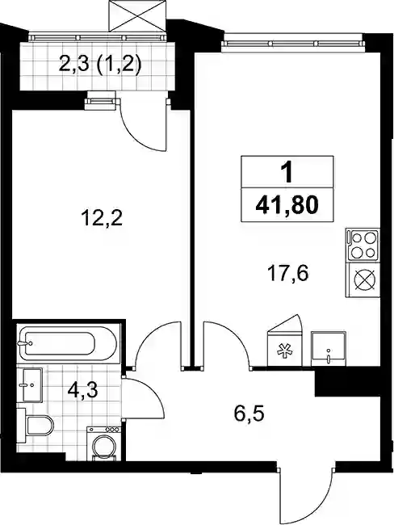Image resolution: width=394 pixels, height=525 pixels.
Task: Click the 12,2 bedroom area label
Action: (x=102, y=219)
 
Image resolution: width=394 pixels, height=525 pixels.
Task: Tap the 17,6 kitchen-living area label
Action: (x=287, y=274)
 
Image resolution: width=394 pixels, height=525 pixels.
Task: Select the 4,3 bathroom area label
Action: (x=82, y=390)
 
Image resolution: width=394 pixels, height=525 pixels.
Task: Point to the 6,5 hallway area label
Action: (x=249, y=414)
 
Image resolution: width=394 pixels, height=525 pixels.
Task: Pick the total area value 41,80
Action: (x=287, y=205)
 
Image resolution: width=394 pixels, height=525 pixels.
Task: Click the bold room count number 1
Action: (x=287, y=172)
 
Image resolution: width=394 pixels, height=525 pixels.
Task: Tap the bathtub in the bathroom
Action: (x=69, y=343)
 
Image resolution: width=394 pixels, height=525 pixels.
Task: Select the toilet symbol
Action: (x=36, y=425)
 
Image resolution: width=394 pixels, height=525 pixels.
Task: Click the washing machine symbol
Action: (x=103, y=443)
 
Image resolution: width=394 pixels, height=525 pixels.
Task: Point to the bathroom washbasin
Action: (x=30, y=385)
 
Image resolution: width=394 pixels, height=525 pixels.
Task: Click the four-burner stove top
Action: (x=363, y=245)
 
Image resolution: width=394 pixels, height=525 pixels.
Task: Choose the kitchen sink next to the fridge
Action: (x=329, y=349)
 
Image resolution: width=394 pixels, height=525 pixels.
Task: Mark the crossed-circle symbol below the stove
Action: (x=364, y=279)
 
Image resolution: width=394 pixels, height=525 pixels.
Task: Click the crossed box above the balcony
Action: (x=137, y=15)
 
